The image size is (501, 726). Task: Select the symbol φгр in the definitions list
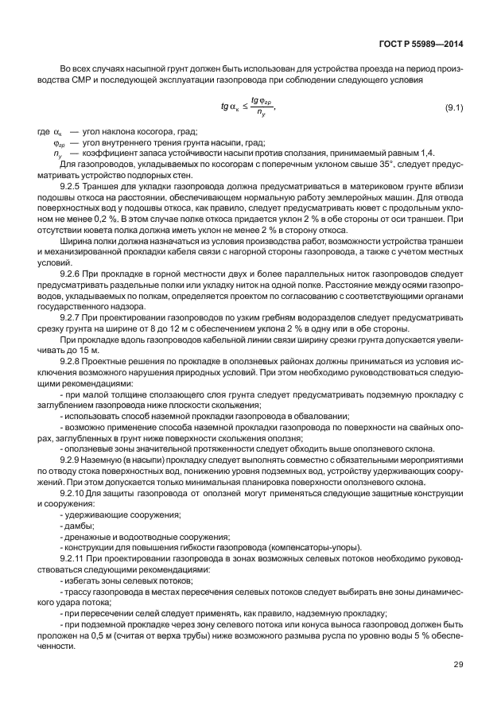(x=57, y=142)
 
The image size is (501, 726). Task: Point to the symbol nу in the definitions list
(x=57, y=153)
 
